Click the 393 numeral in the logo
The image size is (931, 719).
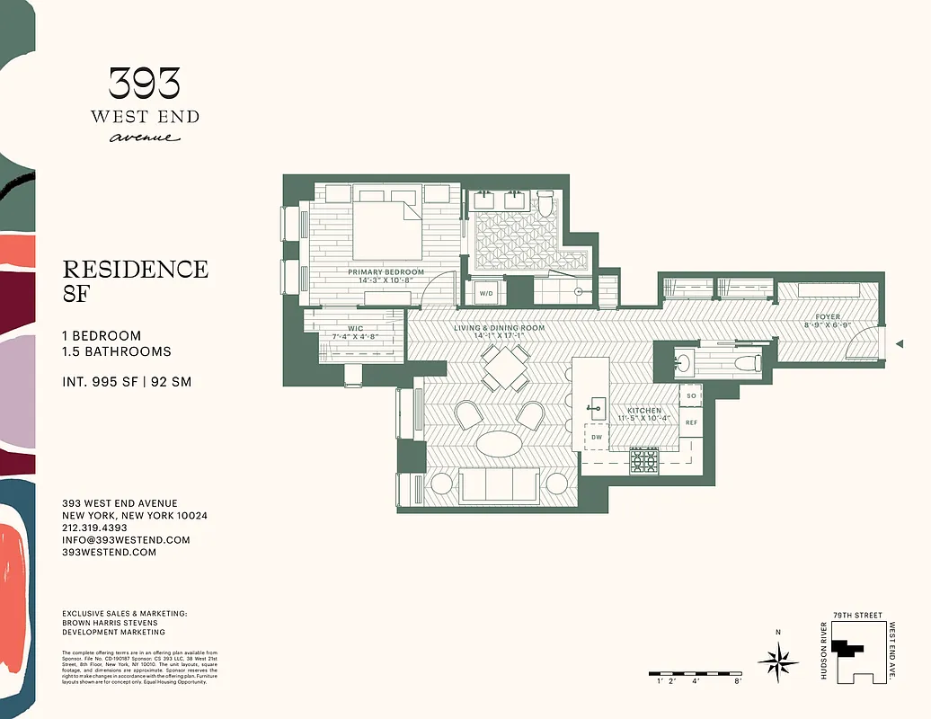click(145, 84)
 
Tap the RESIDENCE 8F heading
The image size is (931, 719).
click(135, 280)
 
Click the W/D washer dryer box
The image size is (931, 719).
click(486, 293)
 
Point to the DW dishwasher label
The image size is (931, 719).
click(596, 438)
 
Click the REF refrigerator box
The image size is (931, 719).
click(691, 422)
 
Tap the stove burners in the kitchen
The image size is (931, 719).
click(643, 460)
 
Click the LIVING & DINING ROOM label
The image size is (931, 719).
click(499, 328)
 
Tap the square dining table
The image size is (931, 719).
click(504, 368)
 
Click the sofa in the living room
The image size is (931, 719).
click(499, 485)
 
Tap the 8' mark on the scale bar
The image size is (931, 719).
click(737, 682)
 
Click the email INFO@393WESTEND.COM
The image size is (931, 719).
click(126, 540)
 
